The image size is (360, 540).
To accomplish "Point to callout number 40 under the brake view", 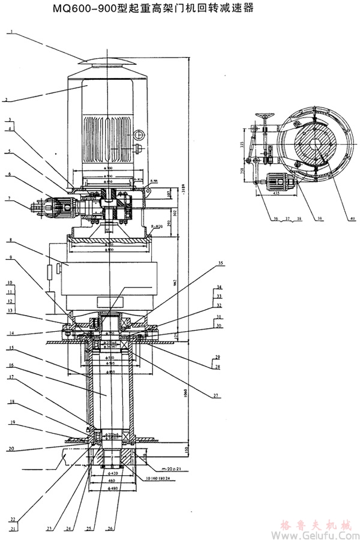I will [352, 218].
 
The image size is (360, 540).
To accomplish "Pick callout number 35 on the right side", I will [220, 263].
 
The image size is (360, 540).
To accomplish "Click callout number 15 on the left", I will [11, 348].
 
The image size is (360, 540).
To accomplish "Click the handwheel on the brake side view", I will [263, 116].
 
